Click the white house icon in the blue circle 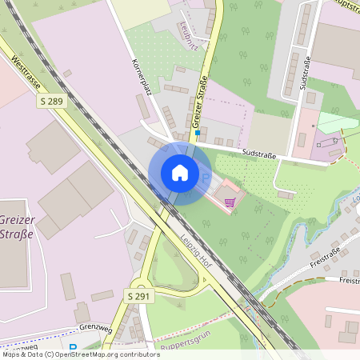[x=179, y=173]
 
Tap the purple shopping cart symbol [x=230, y=202]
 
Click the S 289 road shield [x=50, y=102]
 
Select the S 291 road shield [x=138, y=296]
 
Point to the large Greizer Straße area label [x=16, y=226]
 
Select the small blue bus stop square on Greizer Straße [x=197, y=133]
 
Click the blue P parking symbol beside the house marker [x=205, y=178]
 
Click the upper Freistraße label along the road [x=326, y=258]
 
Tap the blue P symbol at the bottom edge [x=74, y=348]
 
